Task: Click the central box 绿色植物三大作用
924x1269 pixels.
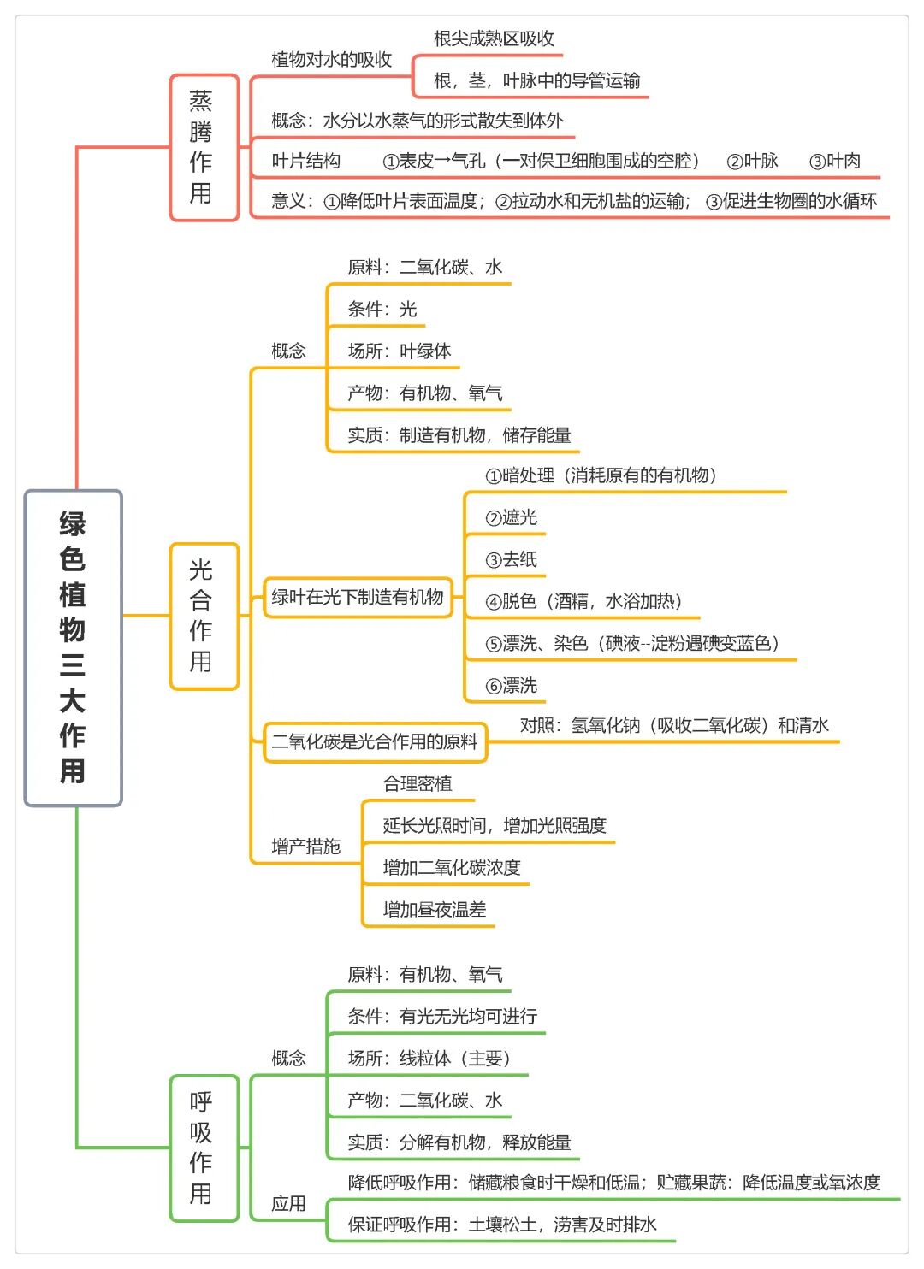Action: pos(73,647)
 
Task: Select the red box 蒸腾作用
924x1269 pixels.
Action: pos(204,147)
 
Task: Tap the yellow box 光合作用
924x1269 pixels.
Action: pos(204,617)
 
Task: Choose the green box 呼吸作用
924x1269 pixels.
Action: pos(204,1148)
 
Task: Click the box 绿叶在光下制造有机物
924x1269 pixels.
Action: pos(358,597)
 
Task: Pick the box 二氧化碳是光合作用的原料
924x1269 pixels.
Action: pos(376,742)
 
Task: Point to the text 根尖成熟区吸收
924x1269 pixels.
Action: pos(494,38)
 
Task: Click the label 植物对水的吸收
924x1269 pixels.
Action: pos(332,60)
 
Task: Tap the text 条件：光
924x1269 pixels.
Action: pos(382,310)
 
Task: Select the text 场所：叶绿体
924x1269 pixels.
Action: pos(400,351)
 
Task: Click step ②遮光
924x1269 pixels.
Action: pos(512,517)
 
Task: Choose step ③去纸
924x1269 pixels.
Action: pos(512,560)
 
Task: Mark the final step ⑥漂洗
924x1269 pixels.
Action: pos(512,686)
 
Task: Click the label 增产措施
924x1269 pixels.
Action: pos(306,847)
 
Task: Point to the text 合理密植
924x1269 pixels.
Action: pos(418,783)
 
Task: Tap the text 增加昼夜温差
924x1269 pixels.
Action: pos(435,909)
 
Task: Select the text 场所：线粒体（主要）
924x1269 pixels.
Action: pos(430,1058)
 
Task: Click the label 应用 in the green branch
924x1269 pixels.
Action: pos(288,1203)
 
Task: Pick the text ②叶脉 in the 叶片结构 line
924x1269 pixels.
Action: pos(752,162)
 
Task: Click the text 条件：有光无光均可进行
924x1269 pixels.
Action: pos(442,1016)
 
